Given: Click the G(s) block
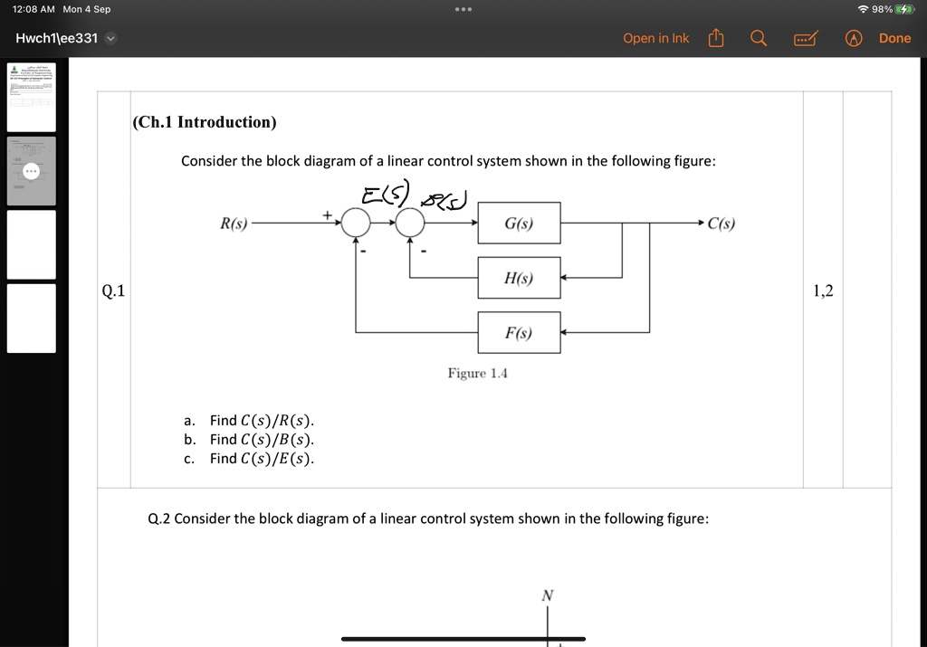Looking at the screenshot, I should [519, 223].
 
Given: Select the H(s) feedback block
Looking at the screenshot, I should [519, 278].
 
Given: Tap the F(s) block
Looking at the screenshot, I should [519, 333].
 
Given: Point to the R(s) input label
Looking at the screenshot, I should [234, 224].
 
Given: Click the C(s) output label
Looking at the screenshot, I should [722, 224].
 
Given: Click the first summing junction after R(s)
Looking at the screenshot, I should [356, 223].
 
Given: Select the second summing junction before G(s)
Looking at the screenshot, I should [410, 223].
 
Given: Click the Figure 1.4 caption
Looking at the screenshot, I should [477, 374].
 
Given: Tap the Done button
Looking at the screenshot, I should [894, 38].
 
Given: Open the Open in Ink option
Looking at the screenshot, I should [655, 38].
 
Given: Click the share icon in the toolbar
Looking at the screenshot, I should [716, 38].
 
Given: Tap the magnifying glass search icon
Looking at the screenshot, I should [759, 38].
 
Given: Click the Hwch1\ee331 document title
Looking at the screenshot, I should [57, 38].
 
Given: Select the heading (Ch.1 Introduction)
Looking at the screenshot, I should [205, 122].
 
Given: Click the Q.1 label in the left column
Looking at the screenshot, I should [113, 290].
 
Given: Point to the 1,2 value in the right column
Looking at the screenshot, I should [823, 290].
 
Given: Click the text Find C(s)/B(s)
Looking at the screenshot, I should [262, 440].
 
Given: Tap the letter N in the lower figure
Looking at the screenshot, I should [547, 595].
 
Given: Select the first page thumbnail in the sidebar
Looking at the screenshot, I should [32, 97].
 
